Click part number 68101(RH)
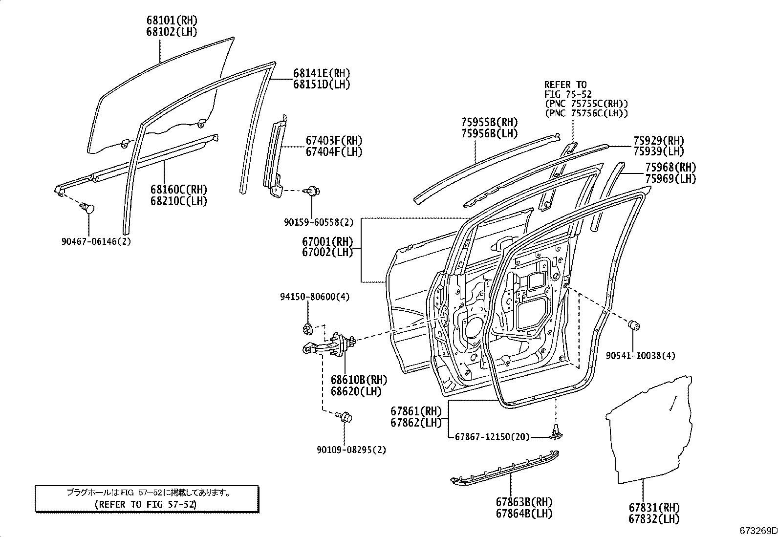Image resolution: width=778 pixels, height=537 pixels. tap(172, 21)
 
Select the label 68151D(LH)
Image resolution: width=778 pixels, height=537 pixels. tap(322, 85)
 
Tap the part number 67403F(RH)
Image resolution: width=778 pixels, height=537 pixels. tap(334, 140)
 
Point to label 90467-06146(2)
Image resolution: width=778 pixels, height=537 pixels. tap(96, 241)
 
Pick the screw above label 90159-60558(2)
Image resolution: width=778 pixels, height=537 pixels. tap(313, 191)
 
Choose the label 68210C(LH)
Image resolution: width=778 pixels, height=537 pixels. tap(179, 201)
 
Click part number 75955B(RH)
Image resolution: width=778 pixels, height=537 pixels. tap(489, 122)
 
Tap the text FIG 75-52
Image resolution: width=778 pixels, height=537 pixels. tap(568, 94)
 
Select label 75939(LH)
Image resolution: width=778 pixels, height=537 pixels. tap(659, 151)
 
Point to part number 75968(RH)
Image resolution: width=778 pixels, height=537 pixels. tap(670, 168)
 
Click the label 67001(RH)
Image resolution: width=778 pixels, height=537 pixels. tap(327, 241)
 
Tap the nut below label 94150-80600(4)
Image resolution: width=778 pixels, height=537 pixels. tap(308, 328)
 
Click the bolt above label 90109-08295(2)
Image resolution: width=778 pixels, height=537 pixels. tap(344, 416)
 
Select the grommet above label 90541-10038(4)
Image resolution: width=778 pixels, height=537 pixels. tap(634, 325)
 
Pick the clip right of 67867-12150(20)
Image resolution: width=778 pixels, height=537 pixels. tap(557, 432)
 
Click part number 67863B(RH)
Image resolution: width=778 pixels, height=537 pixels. tap(524, 502)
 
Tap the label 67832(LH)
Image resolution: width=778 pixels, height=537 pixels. tap(654, 519)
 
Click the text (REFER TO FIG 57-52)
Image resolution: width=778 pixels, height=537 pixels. tap(146, 504)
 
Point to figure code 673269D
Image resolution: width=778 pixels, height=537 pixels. tap(758, 531)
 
